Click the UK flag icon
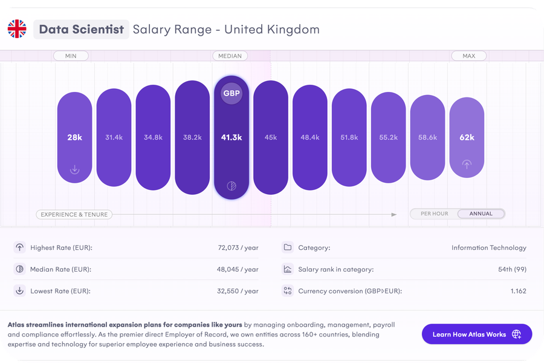[x=17, y=28]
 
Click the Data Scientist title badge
[x=81, y=29]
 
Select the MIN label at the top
[x=70, y=56]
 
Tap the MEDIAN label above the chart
[x=230, y=56]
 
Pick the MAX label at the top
[x=468, y=56]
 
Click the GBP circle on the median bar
[x=232, y=93]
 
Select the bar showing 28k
[x=74, y=137]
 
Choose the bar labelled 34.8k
[x=153, y=137]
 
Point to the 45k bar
[x=271, y=137]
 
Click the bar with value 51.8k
[x=349, y=137]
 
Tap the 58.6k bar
[x=427, y=137]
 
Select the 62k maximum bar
[x=467, y=137]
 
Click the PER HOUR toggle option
[x=434, y=214]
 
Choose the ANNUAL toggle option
[x=481, y=214]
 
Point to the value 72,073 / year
[x=238, y=247]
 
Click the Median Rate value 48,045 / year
[x=238, y=269]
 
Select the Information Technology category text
[x=488, y=247]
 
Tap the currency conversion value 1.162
[x=518, y=291]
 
